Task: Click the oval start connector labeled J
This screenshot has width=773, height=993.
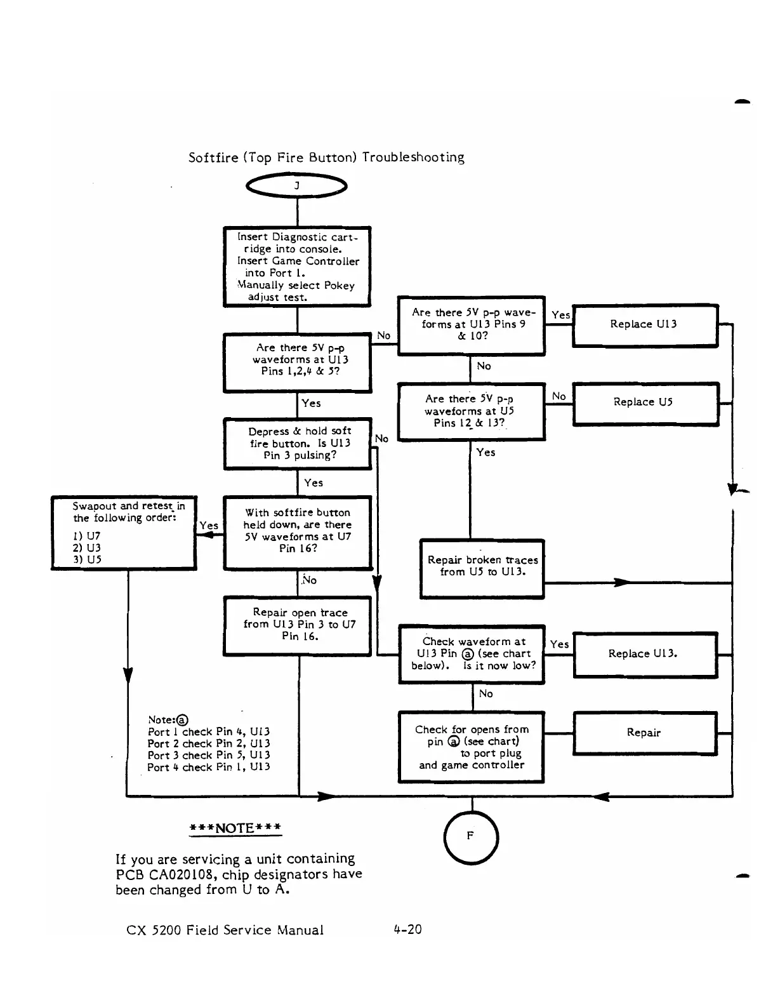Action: click(297, 185)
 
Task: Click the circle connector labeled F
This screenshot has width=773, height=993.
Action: click(472, 837)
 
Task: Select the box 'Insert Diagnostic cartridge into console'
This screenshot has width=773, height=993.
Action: click(297, 267)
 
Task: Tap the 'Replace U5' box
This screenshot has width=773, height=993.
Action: click(645, 403)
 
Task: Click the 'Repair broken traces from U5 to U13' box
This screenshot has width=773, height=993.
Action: click(482, 568)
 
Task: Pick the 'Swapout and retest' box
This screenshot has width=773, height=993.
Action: click(124, 532)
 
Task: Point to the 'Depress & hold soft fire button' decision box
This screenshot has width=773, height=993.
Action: click(298, 443)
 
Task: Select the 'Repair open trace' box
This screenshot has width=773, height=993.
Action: click(297, 625)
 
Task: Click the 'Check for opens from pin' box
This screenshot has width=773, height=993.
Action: click(472, 747)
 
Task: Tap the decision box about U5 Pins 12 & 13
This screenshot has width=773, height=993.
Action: click(471, 411)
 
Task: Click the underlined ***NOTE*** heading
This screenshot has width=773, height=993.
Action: click(235, 828)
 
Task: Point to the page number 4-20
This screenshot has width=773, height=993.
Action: click(407, 930)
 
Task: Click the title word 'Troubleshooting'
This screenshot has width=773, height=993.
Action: click(413, 157)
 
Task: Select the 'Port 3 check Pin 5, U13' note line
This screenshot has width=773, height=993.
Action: click(209, 755)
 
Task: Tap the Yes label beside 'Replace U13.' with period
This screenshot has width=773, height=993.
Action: click(559, 644)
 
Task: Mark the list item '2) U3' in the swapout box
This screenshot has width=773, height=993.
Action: click(86, 547)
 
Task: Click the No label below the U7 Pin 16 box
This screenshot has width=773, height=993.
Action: click(309, 580)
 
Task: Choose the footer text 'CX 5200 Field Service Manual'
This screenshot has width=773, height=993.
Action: click(225, 930)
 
